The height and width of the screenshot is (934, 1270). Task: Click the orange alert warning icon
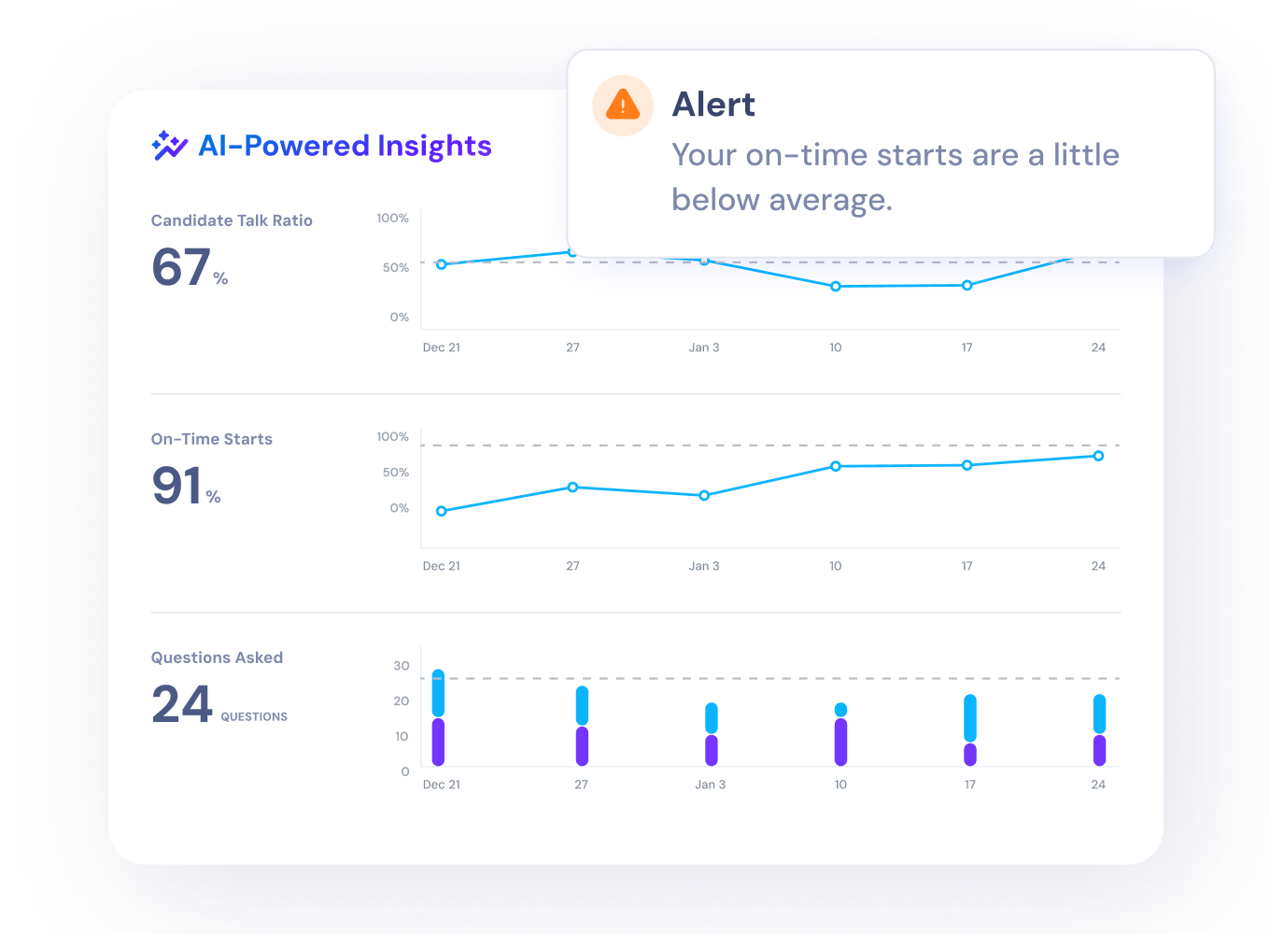(x=623, y=105)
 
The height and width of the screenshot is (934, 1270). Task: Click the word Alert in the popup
(x=713, y=105)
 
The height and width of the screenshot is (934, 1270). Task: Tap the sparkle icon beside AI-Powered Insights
(x=169, y=146)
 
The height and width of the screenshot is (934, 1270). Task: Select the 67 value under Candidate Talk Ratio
(x=181, y=267)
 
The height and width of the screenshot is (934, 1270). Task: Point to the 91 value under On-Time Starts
(x=177, y=486)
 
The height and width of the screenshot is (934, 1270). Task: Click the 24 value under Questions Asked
(x=182, y=704)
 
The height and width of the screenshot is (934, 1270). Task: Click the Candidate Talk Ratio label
(x=232, y=220)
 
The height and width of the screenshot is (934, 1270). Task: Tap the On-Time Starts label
(x=212, y=439)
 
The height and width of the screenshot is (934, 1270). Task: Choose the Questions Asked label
(x=217, y=658)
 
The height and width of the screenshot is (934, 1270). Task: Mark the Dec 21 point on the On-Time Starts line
(x=442, y=511)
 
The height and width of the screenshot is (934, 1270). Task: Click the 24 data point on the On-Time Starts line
(x=1098, y=456)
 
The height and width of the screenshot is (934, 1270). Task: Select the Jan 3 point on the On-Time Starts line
(x=704, y=495)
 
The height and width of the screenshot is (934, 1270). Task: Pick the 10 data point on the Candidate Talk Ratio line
(x=836, y=286)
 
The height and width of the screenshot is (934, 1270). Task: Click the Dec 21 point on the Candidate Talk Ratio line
(x=442, y=264)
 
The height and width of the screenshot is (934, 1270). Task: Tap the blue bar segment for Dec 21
(x=438, y=693)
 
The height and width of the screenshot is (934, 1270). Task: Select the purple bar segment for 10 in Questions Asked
(x=840, y=742)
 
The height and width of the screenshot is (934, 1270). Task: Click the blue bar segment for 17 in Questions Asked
(x=970, y=717)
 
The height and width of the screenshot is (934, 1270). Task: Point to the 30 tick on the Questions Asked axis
(x=402, y=666)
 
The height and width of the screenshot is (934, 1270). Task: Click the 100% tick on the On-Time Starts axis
(x=392, y=436)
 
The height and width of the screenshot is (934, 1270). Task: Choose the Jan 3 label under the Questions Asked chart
(x=711, y=785)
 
